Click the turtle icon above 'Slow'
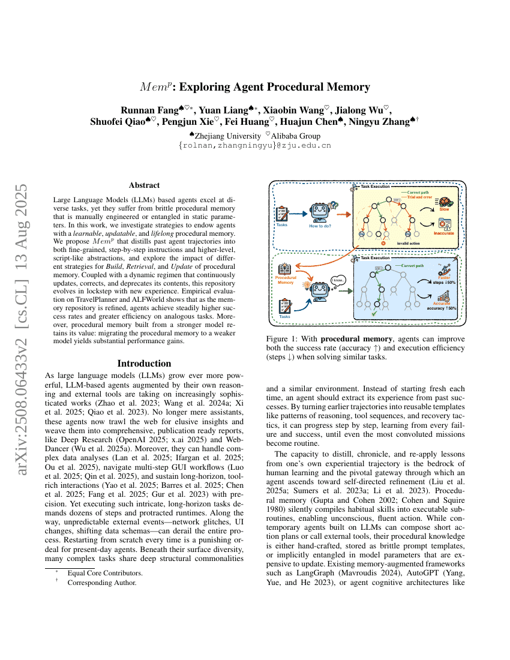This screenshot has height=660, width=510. tap(445, 203)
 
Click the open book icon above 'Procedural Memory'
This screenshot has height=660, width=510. tap(284, 269)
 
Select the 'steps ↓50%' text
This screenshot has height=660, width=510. tap(445, 283)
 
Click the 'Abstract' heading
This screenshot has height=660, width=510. tap(144, 185)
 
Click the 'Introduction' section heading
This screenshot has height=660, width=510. tap(144, 364)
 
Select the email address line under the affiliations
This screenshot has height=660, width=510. tap(255, 145)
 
